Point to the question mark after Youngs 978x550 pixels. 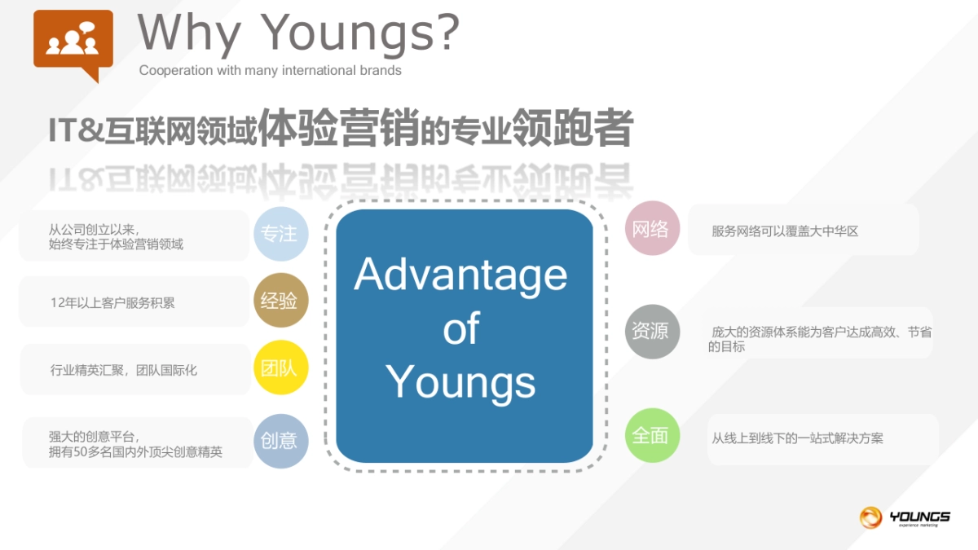[x=447, y=31]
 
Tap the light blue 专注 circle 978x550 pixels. [x=280, y=234]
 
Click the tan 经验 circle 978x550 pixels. [x=280, y=301]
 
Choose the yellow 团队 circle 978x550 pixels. [x=280, y=367]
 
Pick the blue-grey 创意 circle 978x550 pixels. [x=280, y=441]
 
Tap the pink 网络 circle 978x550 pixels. [x=652, y=228]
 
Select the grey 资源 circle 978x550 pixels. [x=652, y=332]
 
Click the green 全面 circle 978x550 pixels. [x=652, y=435]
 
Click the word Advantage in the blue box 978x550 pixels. [x=460, y=276]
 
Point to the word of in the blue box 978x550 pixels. [x=461, y=328]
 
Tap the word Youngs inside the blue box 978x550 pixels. [x=460, y=383]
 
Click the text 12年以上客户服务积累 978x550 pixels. [x=112, y=302]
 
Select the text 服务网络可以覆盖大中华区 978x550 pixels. [x=785, y=231]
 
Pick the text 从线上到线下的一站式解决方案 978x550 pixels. [x=797, y=438]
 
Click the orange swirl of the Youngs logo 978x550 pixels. [x=870, y=517]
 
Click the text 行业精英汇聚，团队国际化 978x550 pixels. [x=124, y=370]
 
